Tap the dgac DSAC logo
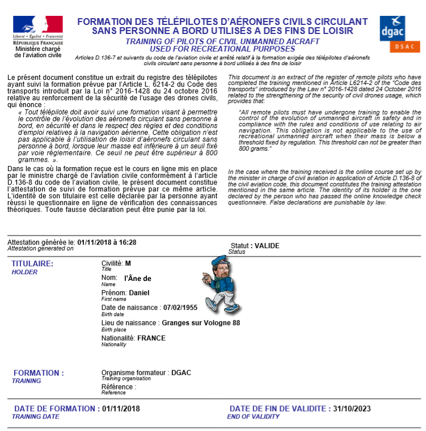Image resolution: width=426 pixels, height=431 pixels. pos(400,34)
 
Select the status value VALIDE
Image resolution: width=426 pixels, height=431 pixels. pos(267,246)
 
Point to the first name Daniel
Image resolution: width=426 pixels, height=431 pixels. pos(140,293)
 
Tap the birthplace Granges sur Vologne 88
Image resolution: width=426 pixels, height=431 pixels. pos(201,323)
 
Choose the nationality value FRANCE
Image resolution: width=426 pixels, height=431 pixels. pos(151,338)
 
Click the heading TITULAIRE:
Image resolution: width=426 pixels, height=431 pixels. pos(33,264)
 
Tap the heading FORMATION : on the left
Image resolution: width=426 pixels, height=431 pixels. pos(39,373)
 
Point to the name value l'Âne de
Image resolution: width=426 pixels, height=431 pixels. pos(138,278)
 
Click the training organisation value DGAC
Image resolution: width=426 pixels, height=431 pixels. pos(180,373)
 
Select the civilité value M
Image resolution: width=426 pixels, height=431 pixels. pos(128,263)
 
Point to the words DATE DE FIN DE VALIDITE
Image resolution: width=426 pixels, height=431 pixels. pos(278,408)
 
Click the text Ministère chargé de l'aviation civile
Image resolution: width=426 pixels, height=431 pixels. pos(38,52)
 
